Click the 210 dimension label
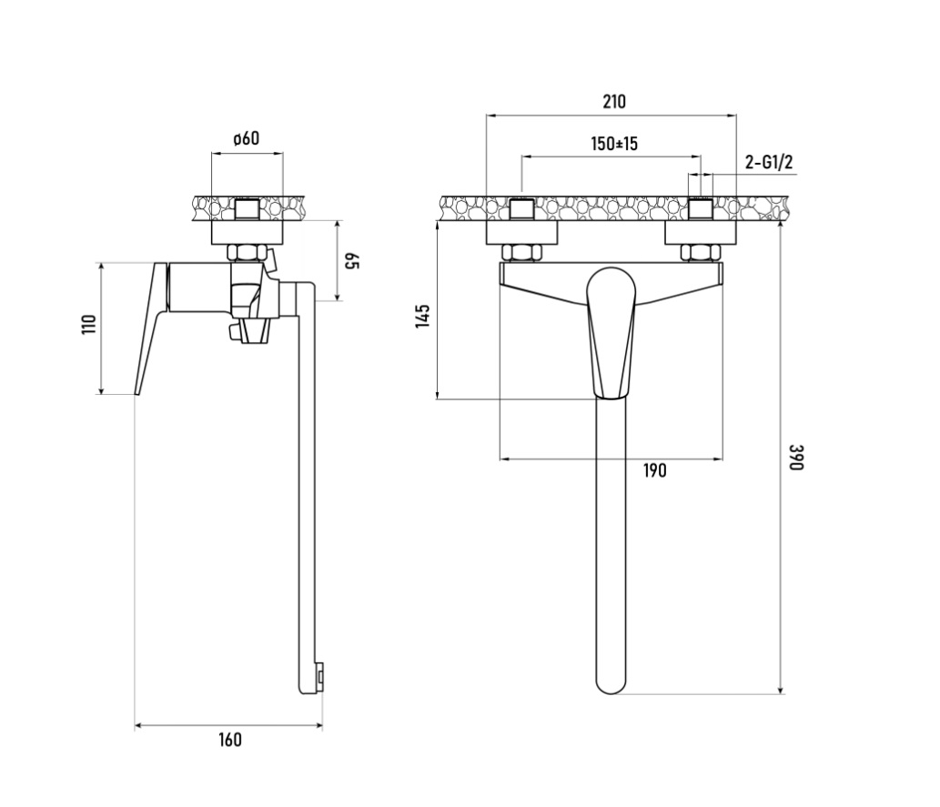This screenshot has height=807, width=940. [614, 101]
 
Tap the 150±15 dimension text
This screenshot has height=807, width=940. [614, 144]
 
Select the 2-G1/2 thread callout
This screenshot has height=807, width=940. [769, 162]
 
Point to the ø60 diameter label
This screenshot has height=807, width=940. [247, 138]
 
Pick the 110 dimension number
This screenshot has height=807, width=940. [89, 325]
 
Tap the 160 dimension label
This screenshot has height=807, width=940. [229, 740]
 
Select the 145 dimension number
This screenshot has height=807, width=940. [422, 316]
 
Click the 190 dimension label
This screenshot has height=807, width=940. [654, 471]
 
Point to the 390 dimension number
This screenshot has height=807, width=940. [795, 458]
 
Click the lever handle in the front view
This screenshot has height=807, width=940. [611, 333]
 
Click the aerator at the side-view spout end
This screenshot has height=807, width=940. [320, 677]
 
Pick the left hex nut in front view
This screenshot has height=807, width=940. [521, 253]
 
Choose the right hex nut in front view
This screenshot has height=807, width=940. [700, 253]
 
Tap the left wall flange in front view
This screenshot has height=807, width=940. [521, 233]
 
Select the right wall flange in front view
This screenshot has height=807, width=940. [700, 233]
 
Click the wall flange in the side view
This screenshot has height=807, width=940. [247, 233]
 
